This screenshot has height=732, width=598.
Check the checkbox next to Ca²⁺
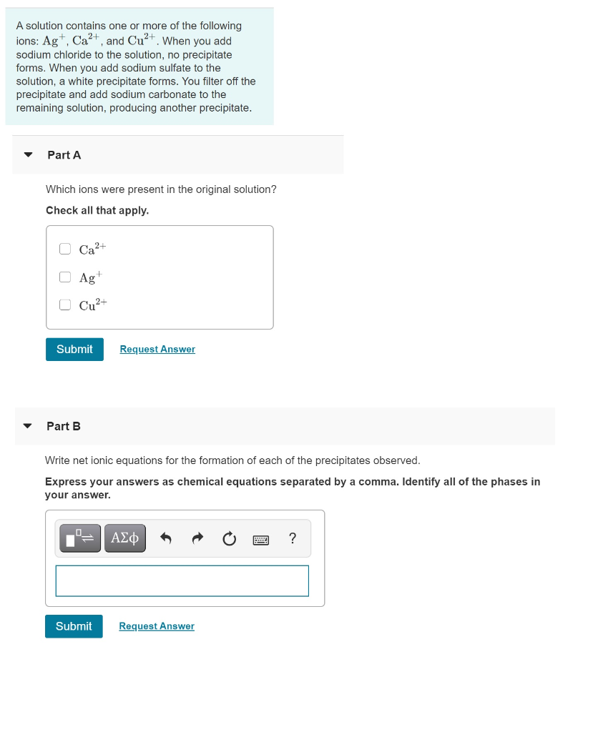[x=65, y=249]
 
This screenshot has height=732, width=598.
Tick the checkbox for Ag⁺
[x=65, y=277]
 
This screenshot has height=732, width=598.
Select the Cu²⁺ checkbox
[x=65, y=305]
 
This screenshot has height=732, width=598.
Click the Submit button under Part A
[x=74, y=349]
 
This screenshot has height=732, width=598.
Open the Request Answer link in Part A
[x=157, y=349]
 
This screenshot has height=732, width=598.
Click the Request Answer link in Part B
[x=157, y=626]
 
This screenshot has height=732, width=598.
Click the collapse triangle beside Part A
[x=28, y=154]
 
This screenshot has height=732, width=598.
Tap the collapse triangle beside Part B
[x=28, y=426]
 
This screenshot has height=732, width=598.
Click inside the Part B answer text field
[x=182, y=580]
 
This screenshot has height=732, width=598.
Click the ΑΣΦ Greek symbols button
[x=125, y=538]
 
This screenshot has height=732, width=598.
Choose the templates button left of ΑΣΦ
[x=82, y=538]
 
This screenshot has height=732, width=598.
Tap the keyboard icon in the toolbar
[x=260, y=540]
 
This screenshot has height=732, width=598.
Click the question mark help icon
[x=292, y=538]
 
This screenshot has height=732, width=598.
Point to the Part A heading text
[x=64, y=155]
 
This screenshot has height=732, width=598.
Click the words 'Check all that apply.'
[x=97, y=210]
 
